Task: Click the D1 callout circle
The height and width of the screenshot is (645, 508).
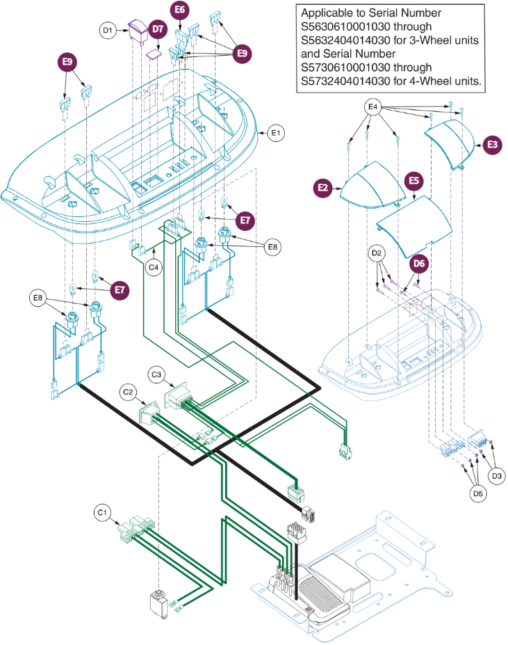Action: pos(107,30)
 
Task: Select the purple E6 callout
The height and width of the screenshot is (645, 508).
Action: pos(180,10)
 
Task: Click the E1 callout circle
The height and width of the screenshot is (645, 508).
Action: pos(276,132)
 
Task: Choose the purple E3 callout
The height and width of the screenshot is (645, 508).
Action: pos(492,145)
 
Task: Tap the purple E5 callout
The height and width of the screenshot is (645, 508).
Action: pos(413,181)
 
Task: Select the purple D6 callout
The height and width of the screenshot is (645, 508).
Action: pos(419,264)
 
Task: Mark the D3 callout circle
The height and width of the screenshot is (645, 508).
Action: pos(496,477)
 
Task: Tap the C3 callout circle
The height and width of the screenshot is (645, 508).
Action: pos(156,375)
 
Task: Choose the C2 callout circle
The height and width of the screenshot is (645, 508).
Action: pos(127,392)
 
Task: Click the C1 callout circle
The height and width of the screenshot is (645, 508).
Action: pos(103,513)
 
